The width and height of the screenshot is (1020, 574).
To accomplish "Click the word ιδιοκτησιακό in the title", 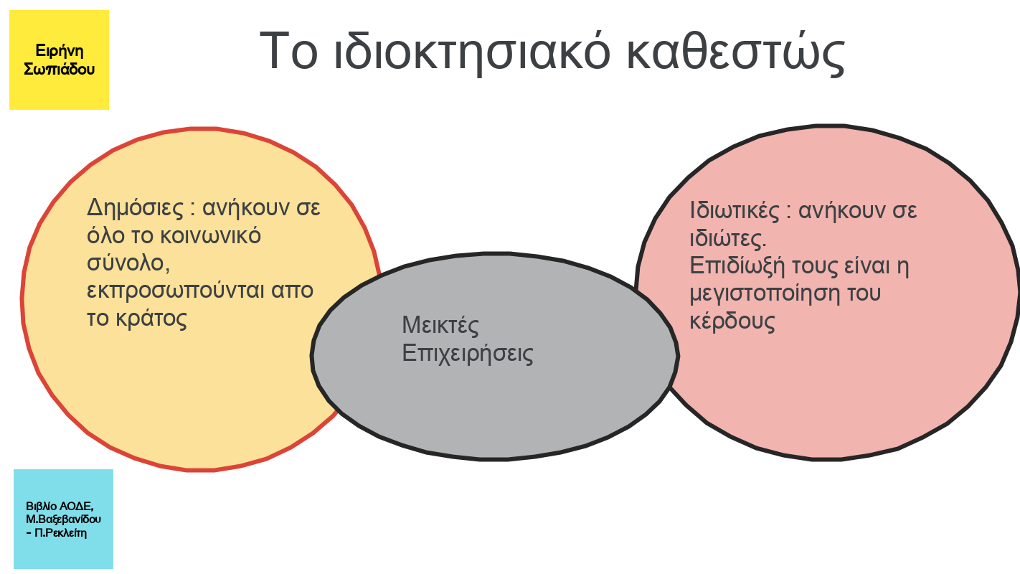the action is click(x=472, y=52).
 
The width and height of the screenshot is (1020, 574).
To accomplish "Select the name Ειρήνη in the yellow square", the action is click(x=60, y=51).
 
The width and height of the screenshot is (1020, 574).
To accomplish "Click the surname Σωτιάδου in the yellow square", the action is click(x=60, y=70).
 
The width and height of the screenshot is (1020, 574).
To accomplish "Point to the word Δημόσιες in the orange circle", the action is click(x=136, y=208).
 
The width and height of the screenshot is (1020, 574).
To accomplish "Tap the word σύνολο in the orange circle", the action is click(x=128, y=264).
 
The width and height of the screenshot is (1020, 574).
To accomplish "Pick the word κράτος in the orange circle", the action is click(x=151, y=318).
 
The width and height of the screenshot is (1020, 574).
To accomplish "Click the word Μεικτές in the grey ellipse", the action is click(x=440, y=325).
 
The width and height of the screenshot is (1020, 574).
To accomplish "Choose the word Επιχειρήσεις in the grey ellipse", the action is click(x=468, y=354).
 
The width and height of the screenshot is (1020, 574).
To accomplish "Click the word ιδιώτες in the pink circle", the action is click(x=728, y=238).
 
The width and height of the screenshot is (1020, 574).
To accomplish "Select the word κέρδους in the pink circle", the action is click(x=732, y=321).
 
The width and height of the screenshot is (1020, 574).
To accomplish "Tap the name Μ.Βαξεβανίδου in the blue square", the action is click(x=63, y=519).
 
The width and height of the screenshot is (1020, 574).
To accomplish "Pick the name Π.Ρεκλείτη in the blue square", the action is click(x=60, y=532).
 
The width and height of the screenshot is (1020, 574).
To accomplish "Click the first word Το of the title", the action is click(x=288, y=51).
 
